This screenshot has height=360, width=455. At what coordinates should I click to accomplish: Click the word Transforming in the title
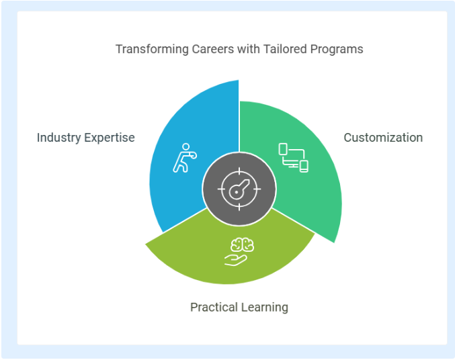pos(153,49)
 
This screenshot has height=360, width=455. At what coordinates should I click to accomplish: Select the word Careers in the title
pos(212,49)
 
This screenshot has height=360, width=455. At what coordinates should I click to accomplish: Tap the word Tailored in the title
pos(285,49)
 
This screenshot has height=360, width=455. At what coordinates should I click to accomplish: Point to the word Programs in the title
pos(337,49)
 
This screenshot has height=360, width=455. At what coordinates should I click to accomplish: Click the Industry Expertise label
pos(86,138)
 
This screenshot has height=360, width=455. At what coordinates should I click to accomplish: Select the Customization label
pos(383,138)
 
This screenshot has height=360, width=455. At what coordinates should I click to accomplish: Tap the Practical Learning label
pos(239,307)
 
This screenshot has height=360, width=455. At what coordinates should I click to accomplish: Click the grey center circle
pos(239,189)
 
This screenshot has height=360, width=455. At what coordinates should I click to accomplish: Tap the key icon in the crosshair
pos(239,189)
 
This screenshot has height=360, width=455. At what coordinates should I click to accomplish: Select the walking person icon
pos(185,158)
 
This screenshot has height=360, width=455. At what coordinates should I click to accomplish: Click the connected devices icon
pos(294,158)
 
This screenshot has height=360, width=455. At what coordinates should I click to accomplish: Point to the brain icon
pos(243,244)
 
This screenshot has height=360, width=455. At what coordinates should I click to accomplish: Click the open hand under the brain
pos(236,260)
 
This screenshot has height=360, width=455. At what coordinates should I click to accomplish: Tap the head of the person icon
pos(186,146)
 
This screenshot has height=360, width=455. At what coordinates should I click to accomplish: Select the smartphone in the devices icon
pos(304,167)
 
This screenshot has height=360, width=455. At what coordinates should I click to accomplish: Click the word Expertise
pos(110,138)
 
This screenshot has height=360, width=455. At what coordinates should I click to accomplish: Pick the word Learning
pos(264,307)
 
